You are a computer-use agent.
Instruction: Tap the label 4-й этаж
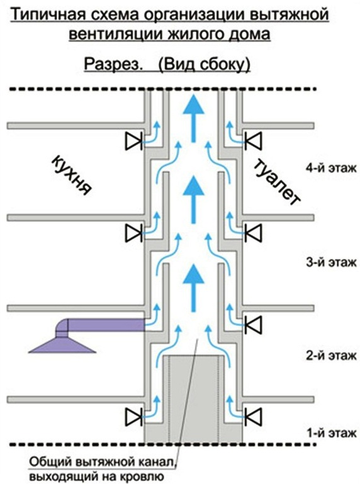coord(331,169)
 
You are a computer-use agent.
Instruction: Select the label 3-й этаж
coord(331,262)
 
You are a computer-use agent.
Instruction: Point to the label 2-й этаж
coord(331,356)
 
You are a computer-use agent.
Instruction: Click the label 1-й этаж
coord(331,434)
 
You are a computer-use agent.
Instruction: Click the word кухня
coord(70,176)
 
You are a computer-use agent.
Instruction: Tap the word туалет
coord(278,184)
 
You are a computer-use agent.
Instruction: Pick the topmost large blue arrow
coord(193,118)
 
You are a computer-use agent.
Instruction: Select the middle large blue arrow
coord(193,200)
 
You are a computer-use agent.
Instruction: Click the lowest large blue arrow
coord(193,288)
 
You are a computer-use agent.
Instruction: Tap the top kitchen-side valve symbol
coord(133,141)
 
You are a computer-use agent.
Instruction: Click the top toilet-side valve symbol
coord(253,141)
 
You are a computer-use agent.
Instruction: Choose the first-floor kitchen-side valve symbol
coord(133,417)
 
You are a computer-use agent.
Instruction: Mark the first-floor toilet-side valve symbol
coord(253,417)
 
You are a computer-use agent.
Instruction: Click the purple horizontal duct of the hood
coord(106,325)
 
